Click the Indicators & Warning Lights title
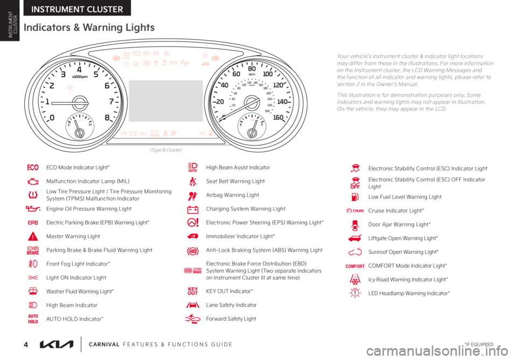(x=88, y=28)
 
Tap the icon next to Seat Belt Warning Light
(x=192, y=181)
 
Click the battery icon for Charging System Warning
(x=192, y=208)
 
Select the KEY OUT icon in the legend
(x=192, y=291)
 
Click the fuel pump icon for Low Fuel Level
(x=354, y=196)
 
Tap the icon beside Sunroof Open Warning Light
(x=354, y=251)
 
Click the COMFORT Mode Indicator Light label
(x=408, y=265)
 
